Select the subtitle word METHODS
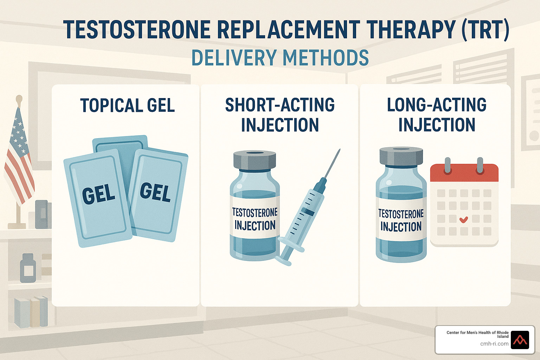click(326, 58)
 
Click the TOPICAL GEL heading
click(127, 105)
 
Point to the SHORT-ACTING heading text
click(280, 105)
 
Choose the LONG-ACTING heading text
click(437, 105)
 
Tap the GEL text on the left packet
click(98, 194)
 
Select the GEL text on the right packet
click(155, 192)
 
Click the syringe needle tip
click(340, 149)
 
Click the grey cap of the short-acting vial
click(255, 160)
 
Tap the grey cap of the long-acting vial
click(401, 156)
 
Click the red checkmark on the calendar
click(464, 219)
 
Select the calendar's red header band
click(464, 173)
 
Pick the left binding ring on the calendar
click(448, 165)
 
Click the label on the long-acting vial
click(401, 220)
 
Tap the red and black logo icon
click(520, 340)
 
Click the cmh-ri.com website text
click(494, 344)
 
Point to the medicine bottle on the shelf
click(28, 268)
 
